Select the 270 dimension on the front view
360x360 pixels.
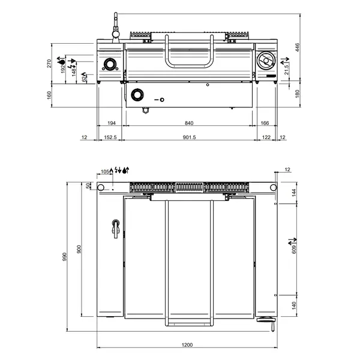pyautogui.click(x=50, y=64)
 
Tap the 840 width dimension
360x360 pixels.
pyautogui.click(x=189, y=123)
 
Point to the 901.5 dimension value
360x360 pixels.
pyautogui.click(x=189, y=137)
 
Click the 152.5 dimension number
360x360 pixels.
pyautogui.click(x=109, y=137)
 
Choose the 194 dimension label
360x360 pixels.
pyautogui.click(x=111, y=123)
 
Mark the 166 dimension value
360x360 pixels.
pyautogui.click(x=264, y=123)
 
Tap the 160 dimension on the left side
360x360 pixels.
pyautogui.click(x=50, y=95)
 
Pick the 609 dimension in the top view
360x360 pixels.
pyautogui.click(x=293, y=248)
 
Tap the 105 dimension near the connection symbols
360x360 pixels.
pyautogui.click(x=105, y=171)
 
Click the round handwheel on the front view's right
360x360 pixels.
pyautogui.click(x=265, y=61)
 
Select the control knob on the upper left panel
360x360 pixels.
pyautogui.click(x=110, y=64)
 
